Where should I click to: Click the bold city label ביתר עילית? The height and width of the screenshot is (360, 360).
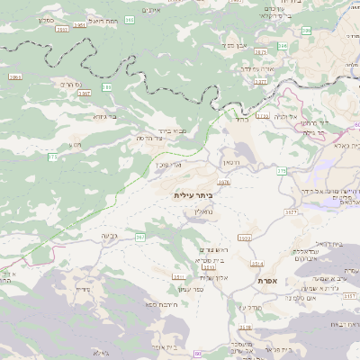(193, 194)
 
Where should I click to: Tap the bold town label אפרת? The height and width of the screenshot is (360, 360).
(266, 281)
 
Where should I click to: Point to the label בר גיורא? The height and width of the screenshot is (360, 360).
(105, 115)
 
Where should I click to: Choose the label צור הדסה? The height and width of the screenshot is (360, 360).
(153, 138)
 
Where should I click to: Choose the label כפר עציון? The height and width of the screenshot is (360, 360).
(189, 288)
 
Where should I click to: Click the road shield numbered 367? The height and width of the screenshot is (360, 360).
(140, 237)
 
